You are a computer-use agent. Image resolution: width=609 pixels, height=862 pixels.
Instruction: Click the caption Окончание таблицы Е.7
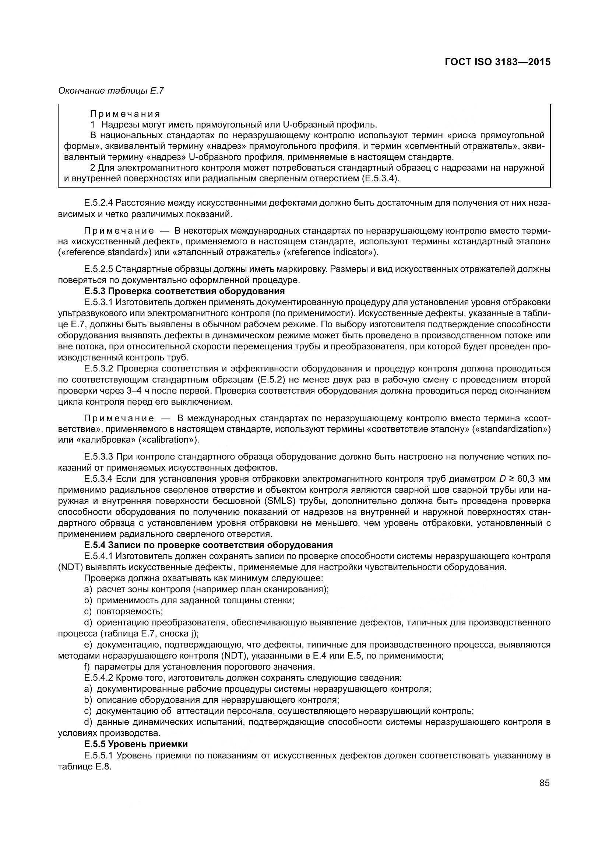click(111, 91)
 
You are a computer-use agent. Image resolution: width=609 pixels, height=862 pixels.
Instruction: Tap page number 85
click(545, 783)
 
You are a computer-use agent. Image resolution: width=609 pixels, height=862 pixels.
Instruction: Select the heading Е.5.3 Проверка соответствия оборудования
click(184, 291)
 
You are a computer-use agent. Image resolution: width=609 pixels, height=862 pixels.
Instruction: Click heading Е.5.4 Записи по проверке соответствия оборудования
click(208, 545)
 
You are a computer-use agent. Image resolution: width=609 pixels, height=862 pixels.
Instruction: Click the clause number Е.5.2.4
click(98, 203)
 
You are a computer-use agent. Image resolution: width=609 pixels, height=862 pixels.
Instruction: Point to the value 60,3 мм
click(534, 479)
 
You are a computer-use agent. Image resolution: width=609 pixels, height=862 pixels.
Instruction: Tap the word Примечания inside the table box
click(125, 114)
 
